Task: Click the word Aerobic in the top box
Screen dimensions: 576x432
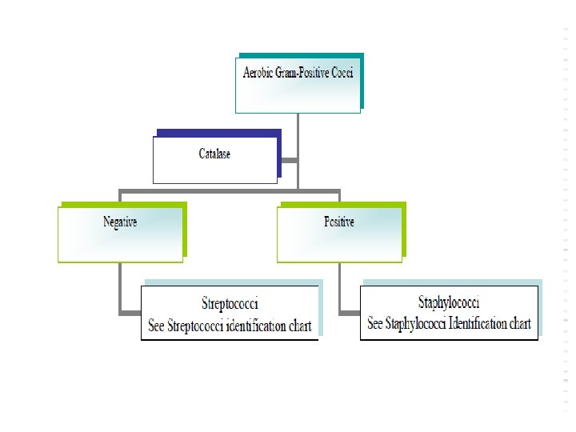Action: click(x=258, y=73)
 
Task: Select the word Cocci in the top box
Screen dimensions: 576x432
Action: click(x=341, y=73)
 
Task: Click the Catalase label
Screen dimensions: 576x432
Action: click(x=214, y=154)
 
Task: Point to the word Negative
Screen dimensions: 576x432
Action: click(x=120, y=222)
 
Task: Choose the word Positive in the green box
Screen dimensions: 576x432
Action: click(x=339, y=222)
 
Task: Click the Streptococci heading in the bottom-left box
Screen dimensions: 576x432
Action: click(x=230, y=304)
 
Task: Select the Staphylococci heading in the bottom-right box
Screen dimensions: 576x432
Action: click(x=449, y=302)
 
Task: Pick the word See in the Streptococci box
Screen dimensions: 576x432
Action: click(x=157, y=326)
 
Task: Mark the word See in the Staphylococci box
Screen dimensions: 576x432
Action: click(x=375, y=324)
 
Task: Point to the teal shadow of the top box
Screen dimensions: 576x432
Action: click(x=362, y=80)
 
